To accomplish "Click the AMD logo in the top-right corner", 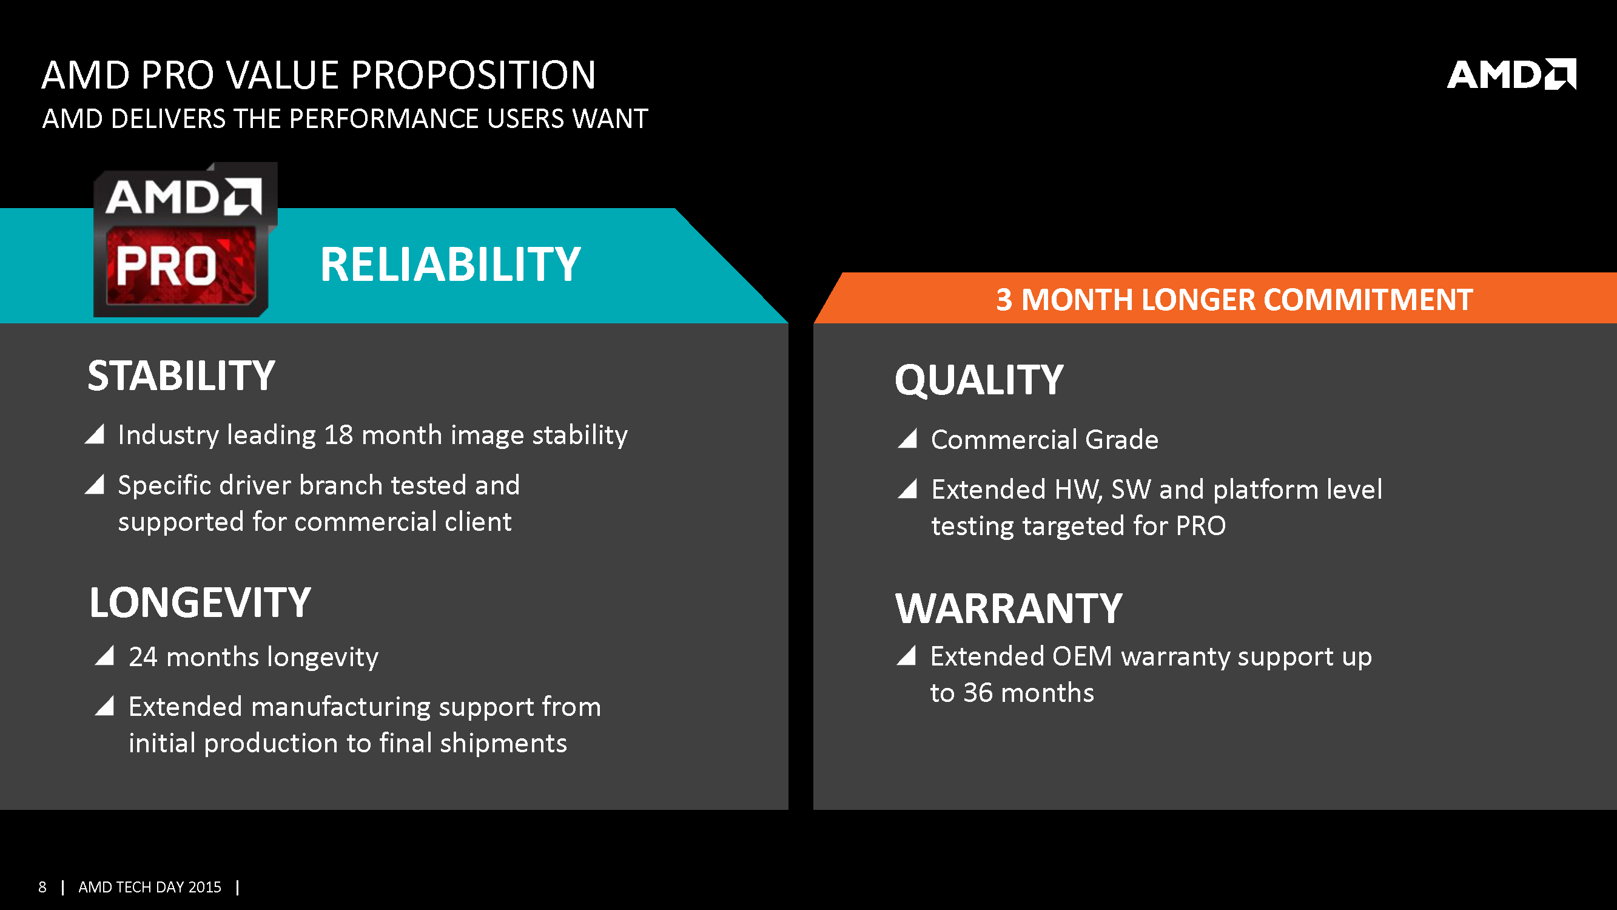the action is (x=1511, y=74).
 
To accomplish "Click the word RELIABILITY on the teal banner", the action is (x=450, y=265).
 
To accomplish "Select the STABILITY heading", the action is (x=181, y=376).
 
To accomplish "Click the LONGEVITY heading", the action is (x=200, y=602).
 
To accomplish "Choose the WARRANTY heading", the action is (x=1009, y=608).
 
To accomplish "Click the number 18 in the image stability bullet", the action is (x=338, y=434).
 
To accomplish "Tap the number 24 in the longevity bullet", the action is (x=143, y=657).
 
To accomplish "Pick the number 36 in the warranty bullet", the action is (x=978, y=693).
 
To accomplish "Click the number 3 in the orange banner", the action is (x=1004, y=300).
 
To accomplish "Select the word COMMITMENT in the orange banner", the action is (x=1368, y=300).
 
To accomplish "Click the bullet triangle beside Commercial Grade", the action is (x=908, y=438).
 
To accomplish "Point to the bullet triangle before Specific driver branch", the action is (x=94, y=484).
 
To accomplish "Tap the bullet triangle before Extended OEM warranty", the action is (x=906, y=655).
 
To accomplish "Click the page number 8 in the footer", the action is (x=42, y=887).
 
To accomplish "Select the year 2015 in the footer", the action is (x=204, y=887).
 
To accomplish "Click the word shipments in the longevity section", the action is (x=503, y=744).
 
